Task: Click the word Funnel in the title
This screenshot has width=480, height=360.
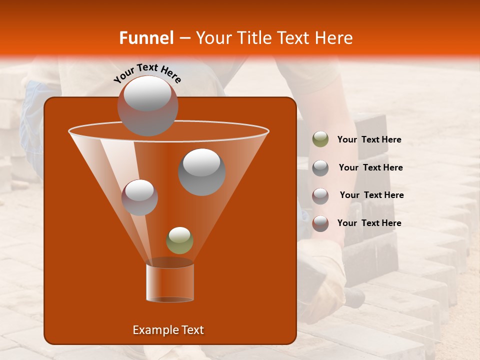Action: click(x=146, y=38)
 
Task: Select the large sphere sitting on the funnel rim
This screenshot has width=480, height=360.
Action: click(x=147, y=105)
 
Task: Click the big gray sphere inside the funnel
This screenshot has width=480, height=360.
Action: click(x=202, y=171)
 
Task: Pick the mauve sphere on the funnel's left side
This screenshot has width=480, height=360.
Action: click(x=140, y=197)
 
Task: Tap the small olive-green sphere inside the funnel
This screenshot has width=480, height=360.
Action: click(x=179, y=240)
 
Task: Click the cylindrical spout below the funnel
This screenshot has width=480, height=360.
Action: click(x=170, y=282)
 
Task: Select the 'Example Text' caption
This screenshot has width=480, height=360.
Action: click(x=168, y=330)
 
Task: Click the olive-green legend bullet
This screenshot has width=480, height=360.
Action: click(x=320, y=139)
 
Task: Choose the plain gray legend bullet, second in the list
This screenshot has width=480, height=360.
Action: click(x=320, y=167)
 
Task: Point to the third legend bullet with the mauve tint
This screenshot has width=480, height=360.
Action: click(x=320, y=195)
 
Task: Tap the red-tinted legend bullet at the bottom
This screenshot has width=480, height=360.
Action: click(x=320, y=223)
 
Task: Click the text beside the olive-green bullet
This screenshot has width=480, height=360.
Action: click(x=369, y=140)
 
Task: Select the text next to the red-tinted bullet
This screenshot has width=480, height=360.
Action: click(x=369, y=223)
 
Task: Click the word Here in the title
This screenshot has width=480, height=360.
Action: click(x=334, y=38)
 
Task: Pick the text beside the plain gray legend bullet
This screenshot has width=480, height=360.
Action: click(x=370, y=167)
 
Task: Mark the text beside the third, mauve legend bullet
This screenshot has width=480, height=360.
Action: click(x=371, y=195)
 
